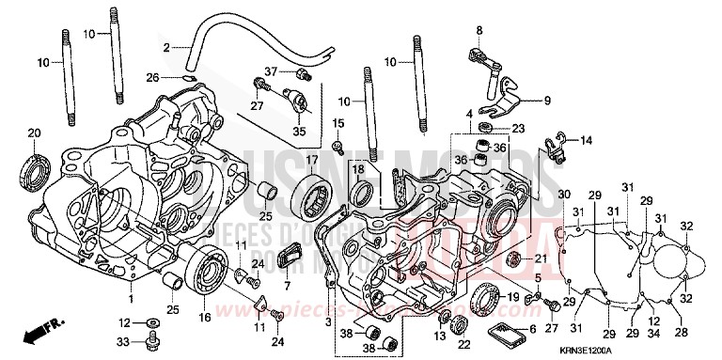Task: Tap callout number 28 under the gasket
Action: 680,332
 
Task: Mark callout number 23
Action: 517,128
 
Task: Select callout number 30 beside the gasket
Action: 563,194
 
